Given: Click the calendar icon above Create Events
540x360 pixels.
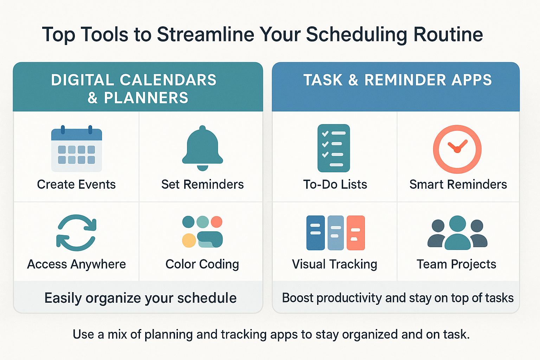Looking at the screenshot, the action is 77,148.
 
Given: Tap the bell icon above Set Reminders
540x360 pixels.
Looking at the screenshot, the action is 202,148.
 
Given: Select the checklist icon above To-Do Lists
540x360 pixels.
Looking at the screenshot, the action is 334,148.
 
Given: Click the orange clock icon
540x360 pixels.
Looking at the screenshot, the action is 457,149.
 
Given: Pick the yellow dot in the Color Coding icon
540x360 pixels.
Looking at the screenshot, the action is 189,240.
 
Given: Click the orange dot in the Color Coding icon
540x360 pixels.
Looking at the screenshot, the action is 217,222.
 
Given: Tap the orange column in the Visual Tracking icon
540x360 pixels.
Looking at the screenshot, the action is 355,233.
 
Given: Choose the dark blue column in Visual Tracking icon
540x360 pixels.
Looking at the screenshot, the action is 316,233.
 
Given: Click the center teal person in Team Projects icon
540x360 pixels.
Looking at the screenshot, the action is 457,233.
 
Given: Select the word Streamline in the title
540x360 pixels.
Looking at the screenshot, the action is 206,34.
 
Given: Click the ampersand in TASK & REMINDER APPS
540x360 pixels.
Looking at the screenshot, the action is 353,80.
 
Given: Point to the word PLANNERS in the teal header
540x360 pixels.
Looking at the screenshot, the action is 146,98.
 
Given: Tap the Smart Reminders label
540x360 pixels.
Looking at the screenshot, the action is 458,185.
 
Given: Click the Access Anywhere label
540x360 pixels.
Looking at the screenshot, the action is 76,264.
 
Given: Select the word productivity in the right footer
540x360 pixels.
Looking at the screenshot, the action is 349,298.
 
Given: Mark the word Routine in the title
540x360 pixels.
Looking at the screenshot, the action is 448,34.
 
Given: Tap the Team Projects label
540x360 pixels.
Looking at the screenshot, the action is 456,264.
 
